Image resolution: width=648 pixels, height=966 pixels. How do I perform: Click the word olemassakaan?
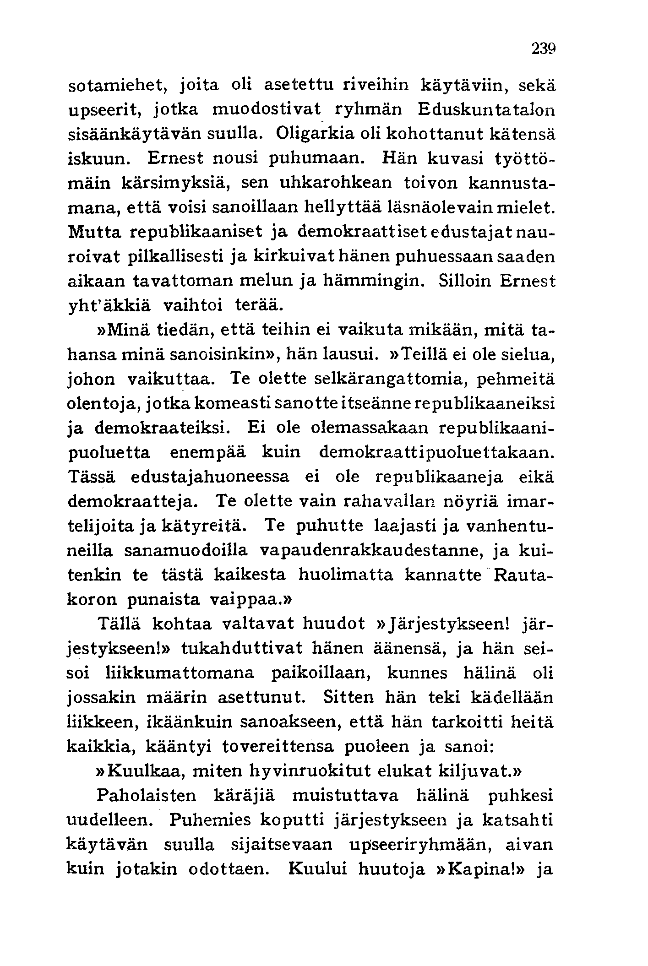pos(370,428)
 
